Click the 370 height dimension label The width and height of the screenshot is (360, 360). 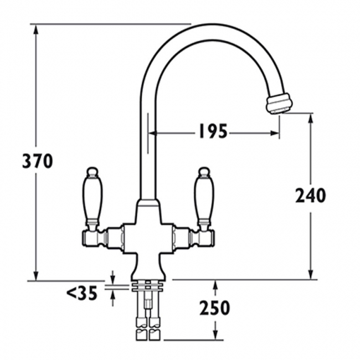(38, 161)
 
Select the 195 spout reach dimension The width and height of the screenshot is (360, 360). (211, 132)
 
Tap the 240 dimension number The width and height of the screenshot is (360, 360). (310, 195)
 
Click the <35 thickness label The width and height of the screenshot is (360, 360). (82, 293)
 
